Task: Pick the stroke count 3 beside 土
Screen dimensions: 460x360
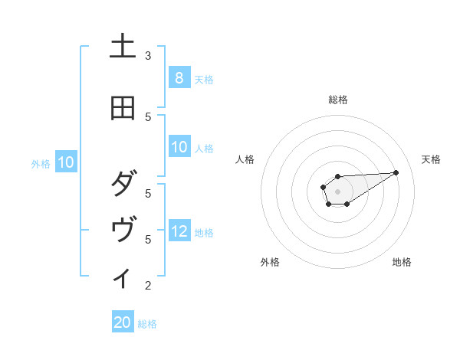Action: pyautogui.click(x=148, y=56)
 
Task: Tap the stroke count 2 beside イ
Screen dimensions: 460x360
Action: pyautogui.click(x=148, y=286)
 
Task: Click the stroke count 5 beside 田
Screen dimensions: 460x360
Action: pyautogui.click(x=148, y=116)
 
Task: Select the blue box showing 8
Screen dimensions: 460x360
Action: pyautogui.click(x=179, y=78)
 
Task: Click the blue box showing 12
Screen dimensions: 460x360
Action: pyautogui.click(x=179, y=231)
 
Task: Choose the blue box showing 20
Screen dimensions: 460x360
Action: pyautogui.click(x=123, y=322)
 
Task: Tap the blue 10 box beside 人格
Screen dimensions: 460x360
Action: pyautogui.click(x=179, y=147)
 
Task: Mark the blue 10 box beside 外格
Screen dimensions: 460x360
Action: pyautogui.click(x=66, y=162)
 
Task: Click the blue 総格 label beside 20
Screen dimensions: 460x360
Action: pyautogui.click(x=147, y=324)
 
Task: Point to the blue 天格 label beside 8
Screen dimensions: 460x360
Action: pyautogui.click(x=203, y=79)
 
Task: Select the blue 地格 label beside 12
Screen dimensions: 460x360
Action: pyautogui.click(x=203, y=232)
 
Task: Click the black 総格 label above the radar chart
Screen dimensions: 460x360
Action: pyautogui.click(x=338, y=100)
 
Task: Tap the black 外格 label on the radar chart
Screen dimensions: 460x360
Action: pyautogui.click(x=270, y=262)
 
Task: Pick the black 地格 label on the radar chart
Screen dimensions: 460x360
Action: pyautogui.click(x=402, y=262)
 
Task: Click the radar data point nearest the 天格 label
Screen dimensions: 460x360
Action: pyautogui.click(x=396, y=172)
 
